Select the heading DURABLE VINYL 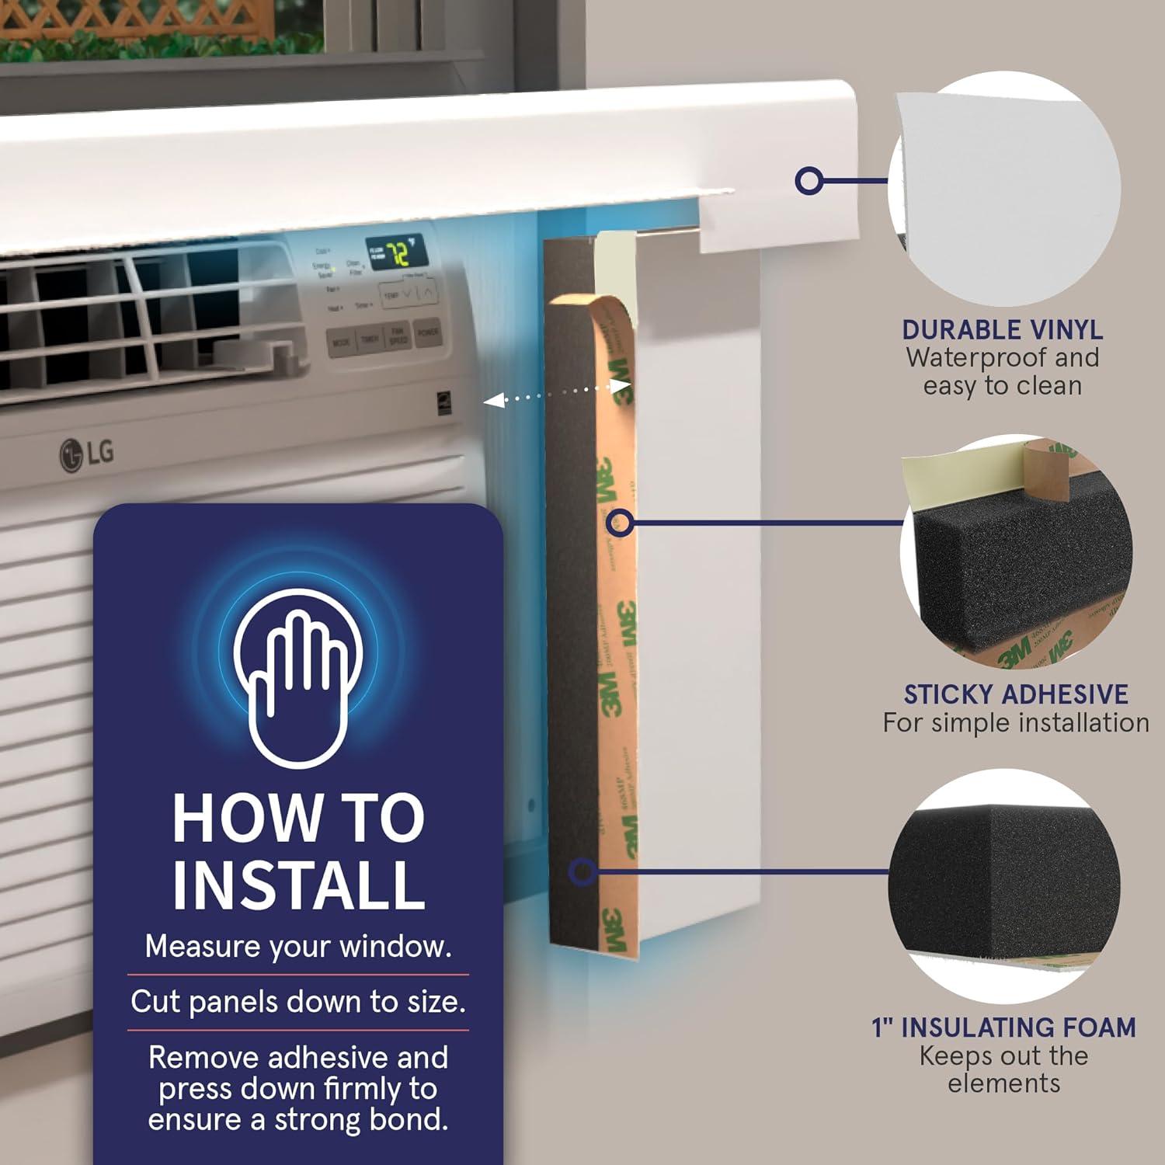(x=1002, y=330)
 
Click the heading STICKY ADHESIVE (x=1016, y=694)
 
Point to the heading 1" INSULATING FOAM (x=1004, y=1028)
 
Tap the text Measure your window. (x=298, y=947)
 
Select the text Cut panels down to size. (x=298, y=1002)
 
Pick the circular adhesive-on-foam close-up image (x=1016, y=551)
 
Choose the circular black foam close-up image (x=1004, y=885)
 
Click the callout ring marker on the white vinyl (x=809, y=181)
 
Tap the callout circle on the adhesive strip (x=619, y=522)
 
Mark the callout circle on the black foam (x=582, y=871)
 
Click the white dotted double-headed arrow (x=555, y=394)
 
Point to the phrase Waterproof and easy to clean (x=1002, y=372)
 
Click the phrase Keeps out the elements (x=1004, y=1069)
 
